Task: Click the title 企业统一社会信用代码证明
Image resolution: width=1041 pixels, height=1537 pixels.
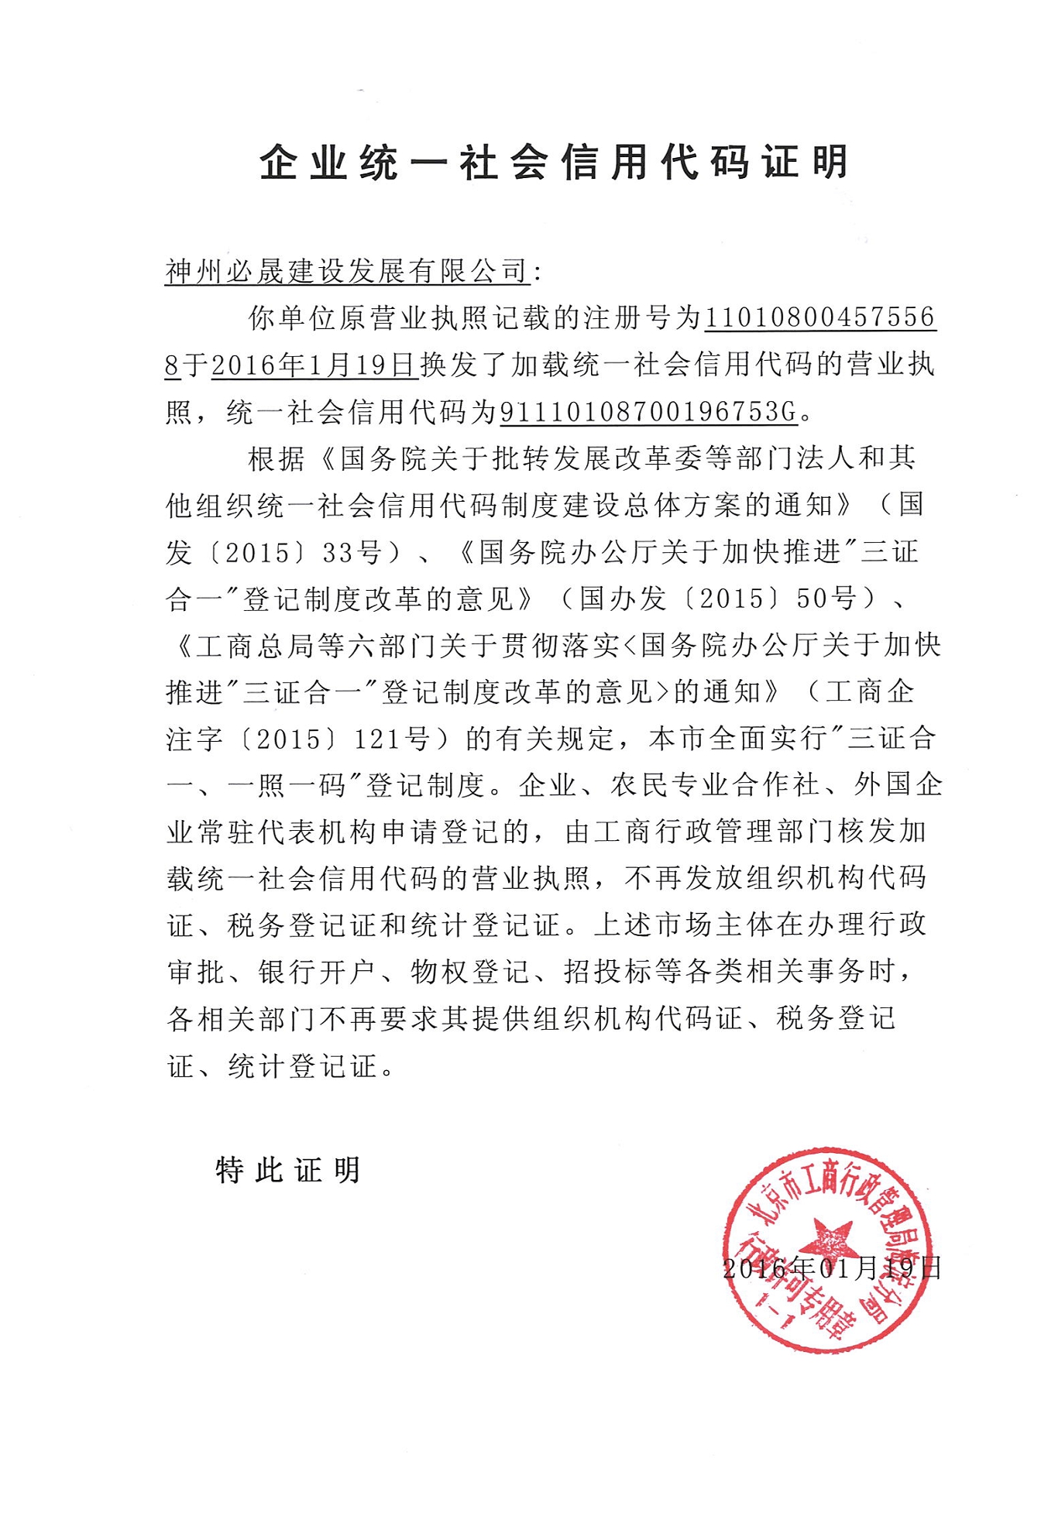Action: click(x=554, y=163)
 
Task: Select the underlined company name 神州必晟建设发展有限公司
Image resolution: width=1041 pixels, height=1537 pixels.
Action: click(x=347, y=271)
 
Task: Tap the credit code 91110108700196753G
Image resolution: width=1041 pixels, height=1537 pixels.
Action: click(x=649, y=412)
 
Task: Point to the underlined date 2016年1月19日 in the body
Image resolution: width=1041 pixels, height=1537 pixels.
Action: click(x=314, y=365)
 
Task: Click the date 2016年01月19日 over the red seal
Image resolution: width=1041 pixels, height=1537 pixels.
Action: click(x=831, y=1268)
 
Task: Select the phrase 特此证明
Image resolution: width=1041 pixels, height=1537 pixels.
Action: click(x=288, y=1170)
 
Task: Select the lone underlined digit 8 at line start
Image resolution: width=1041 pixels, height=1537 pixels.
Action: click(x=172, y=365)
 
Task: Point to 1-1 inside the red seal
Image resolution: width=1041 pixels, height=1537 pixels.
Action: click(x=775, y=1311)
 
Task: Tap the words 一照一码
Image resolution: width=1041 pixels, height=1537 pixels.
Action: click(x=287, y=785)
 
